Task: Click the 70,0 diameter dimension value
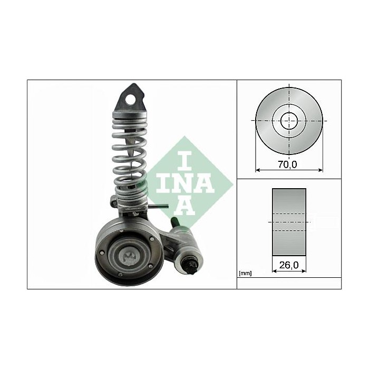click(x=288, y=164)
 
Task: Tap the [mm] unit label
click(x=245, y=273)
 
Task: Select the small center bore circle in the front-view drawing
click(x=288, y=121)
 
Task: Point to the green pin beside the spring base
click(x=160, y=206)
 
